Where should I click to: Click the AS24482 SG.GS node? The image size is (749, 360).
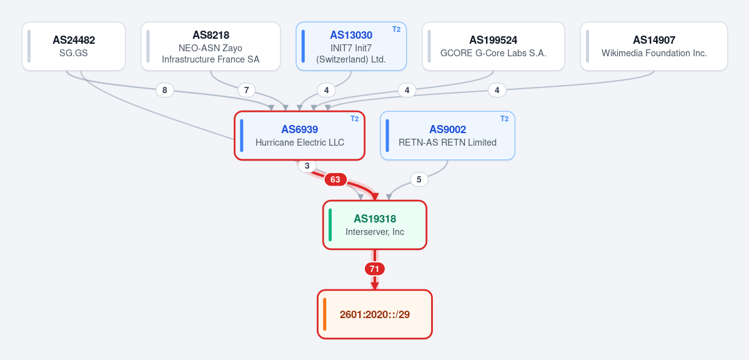(x=74, y=46)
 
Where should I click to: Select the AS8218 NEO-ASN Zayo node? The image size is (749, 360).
(x=211, y=46)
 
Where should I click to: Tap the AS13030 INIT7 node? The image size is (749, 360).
(x=351, y=46)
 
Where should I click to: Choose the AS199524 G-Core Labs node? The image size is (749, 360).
(x=494, y=46)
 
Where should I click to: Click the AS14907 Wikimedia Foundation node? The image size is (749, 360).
(x=654, y=46)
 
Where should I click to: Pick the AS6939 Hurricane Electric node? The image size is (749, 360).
(x=299, y=135)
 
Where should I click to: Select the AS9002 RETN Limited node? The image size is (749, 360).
(x=447, y=135)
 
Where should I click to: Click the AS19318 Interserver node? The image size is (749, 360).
(x=375, y=225)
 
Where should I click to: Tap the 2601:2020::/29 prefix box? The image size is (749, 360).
(x=375, y=314)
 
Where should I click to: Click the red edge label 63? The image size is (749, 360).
(x=335, y=179)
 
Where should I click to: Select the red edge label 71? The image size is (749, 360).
(x=375, y=269)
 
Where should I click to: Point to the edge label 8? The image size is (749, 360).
(x=165, y=90)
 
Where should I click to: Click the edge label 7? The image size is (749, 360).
(x=247, y=90)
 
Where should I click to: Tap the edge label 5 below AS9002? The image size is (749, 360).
(x=419, y=179)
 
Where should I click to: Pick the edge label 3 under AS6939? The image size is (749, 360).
(x=307, y=166)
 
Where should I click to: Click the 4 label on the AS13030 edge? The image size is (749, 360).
(x=326, y=90)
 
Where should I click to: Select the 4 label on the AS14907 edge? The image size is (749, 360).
(x=497, y=90)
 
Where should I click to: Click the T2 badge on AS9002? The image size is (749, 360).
(x=504, y=119)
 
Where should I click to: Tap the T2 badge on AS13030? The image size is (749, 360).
(x=397, y=29)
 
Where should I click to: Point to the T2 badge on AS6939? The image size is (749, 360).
(x=354, y=119)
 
